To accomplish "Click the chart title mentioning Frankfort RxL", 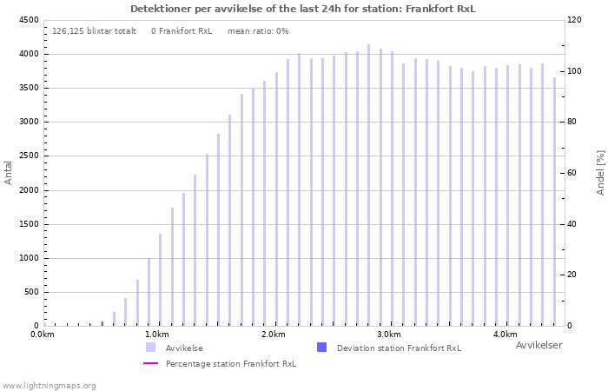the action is coord(303,9).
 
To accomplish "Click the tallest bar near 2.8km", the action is coord(369,185).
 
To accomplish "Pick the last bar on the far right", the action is coord(554,202).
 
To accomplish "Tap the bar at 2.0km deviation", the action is coord(276,199).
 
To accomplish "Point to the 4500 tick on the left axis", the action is coord(29,20).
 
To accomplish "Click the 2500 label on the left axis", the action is coord(29,156).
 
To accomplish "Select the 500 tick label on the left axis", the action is coord(32,292).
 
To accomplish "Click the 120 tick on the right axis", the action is coord(574,20).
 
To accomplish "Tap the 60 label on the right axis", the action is coord(572,173).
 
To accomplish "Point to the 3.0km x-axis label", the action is coord(389,335).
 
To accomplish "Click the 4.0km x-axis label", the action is coord(506,335).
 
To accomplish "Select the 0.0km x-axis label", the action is coord(43,335).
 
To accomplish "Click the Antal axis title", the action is coord(8,173).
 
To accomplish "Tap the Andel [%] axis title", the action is coord(600,173).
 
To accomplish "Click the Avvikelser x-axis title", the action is coord(539,345).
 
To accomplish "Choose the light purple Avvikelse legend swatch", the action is coord(151,348).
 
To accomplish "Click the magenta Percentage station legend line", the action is coord(151,363).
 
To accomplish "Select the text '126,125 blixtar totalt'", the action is coord(94,31).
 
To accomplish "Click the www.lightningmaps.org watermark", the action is coord(49,386).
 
